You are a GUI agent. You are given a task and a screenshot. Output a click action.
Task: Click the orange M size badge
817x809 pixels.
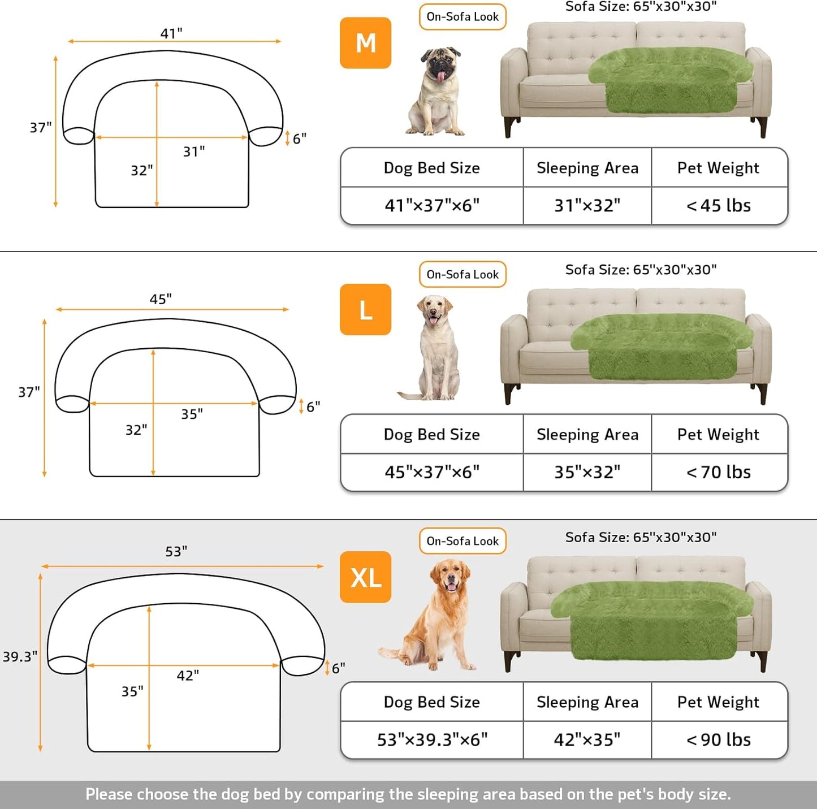[x=365, y=43]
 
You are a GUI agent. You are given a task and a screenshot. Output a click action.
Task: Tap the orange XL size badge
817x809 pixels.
[x=365, y=577]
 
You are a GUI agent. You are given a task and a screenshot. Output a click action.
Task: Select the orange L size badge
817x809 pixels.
[x=365, y=309]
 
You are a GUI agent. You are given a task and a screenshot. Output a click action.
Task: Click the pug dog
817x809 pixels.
[x=437, y=92]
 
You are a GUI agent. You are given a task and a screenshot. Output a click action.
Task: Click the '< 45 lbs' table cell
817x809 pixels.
[x=719, y=206]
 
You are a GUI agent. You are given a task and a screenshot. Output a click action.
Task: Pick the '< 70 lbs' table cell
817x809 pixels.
[x=719, y=472]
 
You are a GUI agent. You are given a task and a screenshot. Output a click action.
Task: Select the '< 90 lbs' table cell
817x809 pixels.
[x=719, y=739]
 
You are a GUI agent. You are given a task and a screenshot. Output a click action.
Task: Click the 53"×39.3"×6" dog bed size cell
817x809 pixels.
[x=432, y=739]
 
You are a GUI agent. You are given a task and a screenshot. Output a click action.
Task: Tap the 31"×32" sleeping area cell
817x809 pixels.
[x=587, y=206]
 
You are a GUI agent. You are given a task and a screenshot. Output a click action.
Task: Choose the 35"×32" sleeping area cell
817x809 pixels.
[x=587, y=472]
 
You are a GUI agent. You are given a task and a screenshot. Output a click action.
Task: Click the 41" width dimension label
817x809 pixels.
[x=171, y=33]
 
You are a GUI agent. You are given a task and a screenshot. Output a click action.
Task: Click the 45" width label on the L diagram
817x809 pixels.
[x=161, y=299]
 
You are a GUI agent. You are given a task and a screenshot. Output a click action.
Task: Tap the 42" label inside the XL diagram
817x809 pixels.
[x=188, y=676]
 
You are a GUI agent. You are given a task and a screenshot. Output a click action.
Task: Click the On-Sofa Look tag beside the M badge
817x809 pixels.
[x=462, y=17]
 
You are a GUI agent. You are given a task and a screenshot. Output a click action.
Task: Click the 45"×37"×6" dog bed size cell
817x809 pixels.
[x=432, y=472]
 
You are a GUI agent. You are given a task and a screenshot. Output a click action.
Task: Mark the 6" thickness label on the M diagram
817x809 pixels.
[x=299, y=139]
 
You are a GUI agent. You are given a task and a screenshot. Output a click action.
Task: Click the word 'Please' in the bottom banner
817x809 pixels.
[x=109, y=794]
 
